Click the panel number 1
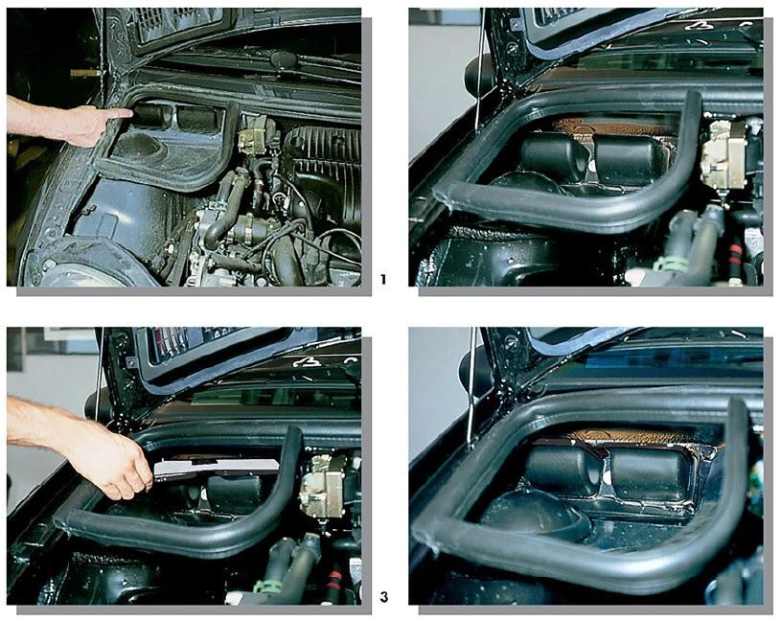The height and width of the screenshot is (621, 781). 383,280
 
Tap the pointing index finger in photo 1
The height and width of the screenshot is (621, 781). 115,114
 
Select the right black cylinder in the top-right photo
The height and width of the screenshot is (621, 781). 628,159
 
